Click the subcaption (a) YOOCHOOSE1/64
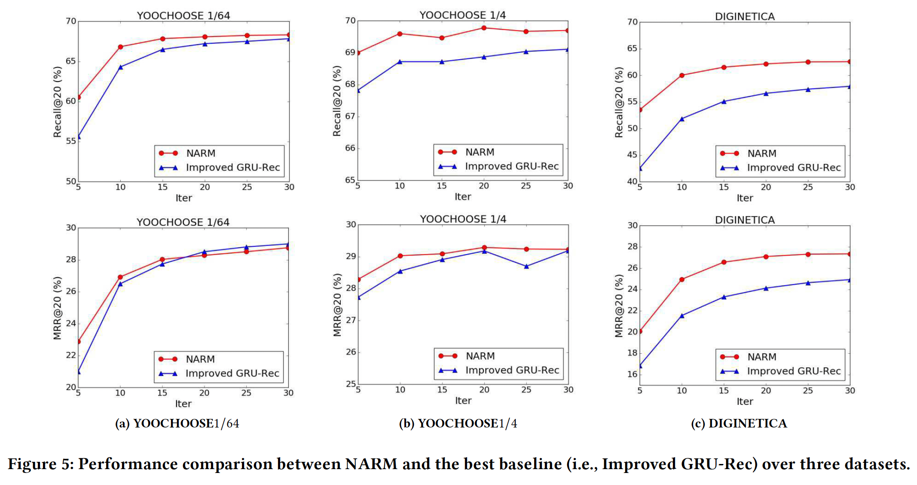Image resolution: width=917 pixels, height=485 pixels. (x=177, y=423)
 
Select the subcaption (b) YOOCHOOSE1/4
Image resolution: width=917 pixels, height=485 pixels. (x=458, y=423)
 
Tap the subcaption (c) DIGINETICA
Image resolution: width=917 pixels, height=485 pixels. (x=739, y=423)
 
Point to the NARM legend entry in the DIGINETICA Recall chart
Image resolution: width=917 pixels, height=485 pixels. (x=761, y=153)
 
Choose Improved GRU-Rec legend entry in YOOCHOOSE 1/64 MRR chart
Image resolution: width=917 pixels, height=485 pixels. (x=232, y=373)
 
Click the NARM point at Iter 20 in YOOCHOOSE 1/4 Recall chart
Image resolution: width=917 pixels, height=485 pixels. (x=484, y=28)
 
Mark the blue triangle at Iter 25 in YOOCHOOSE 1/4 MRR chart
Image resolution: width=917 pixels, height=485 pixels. (x=526, y=266)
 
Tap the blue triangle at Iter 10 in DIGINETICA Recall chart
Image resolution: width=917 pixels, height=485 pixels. (x=682, y=118)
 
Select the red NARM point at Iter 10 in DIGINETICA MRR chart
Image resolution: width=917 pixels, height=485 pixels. (x=682, y=279)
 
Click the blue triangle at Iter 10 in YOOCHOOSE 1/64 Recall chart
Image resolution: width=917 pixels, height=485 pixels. (x=120, y=67)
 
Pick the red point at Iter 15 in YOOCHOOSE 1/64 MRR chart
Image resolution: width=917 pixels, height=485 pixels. (x=162, y=259)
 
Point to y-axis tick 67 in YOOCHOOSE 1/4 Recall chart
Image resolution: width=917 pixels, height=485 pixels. (x=350, y=116)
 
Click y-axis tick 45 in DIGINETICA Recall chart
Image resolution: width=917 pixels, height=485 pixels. (x=632, y=155)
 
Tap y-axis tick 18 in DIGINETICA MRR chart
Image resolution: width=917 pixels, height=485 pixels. (x=632, y=353)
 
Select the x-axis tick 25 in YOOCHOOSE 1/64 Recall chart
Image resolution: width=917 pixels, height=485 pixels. (x=247, y=187)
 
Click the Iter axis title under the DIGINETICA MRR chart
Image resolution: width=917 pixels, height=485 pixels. (x=745, y=401)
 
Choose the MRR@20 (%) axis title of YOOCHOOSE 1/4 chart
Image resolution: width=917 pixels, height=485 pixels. (x=337, y=305)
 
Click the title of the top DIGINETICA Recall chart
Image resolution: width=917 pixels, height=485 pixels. (x=745, y=16)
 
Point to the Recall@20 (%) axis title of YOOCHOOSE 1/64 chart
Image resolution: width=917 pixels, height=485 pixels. (x=57, y=102)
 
